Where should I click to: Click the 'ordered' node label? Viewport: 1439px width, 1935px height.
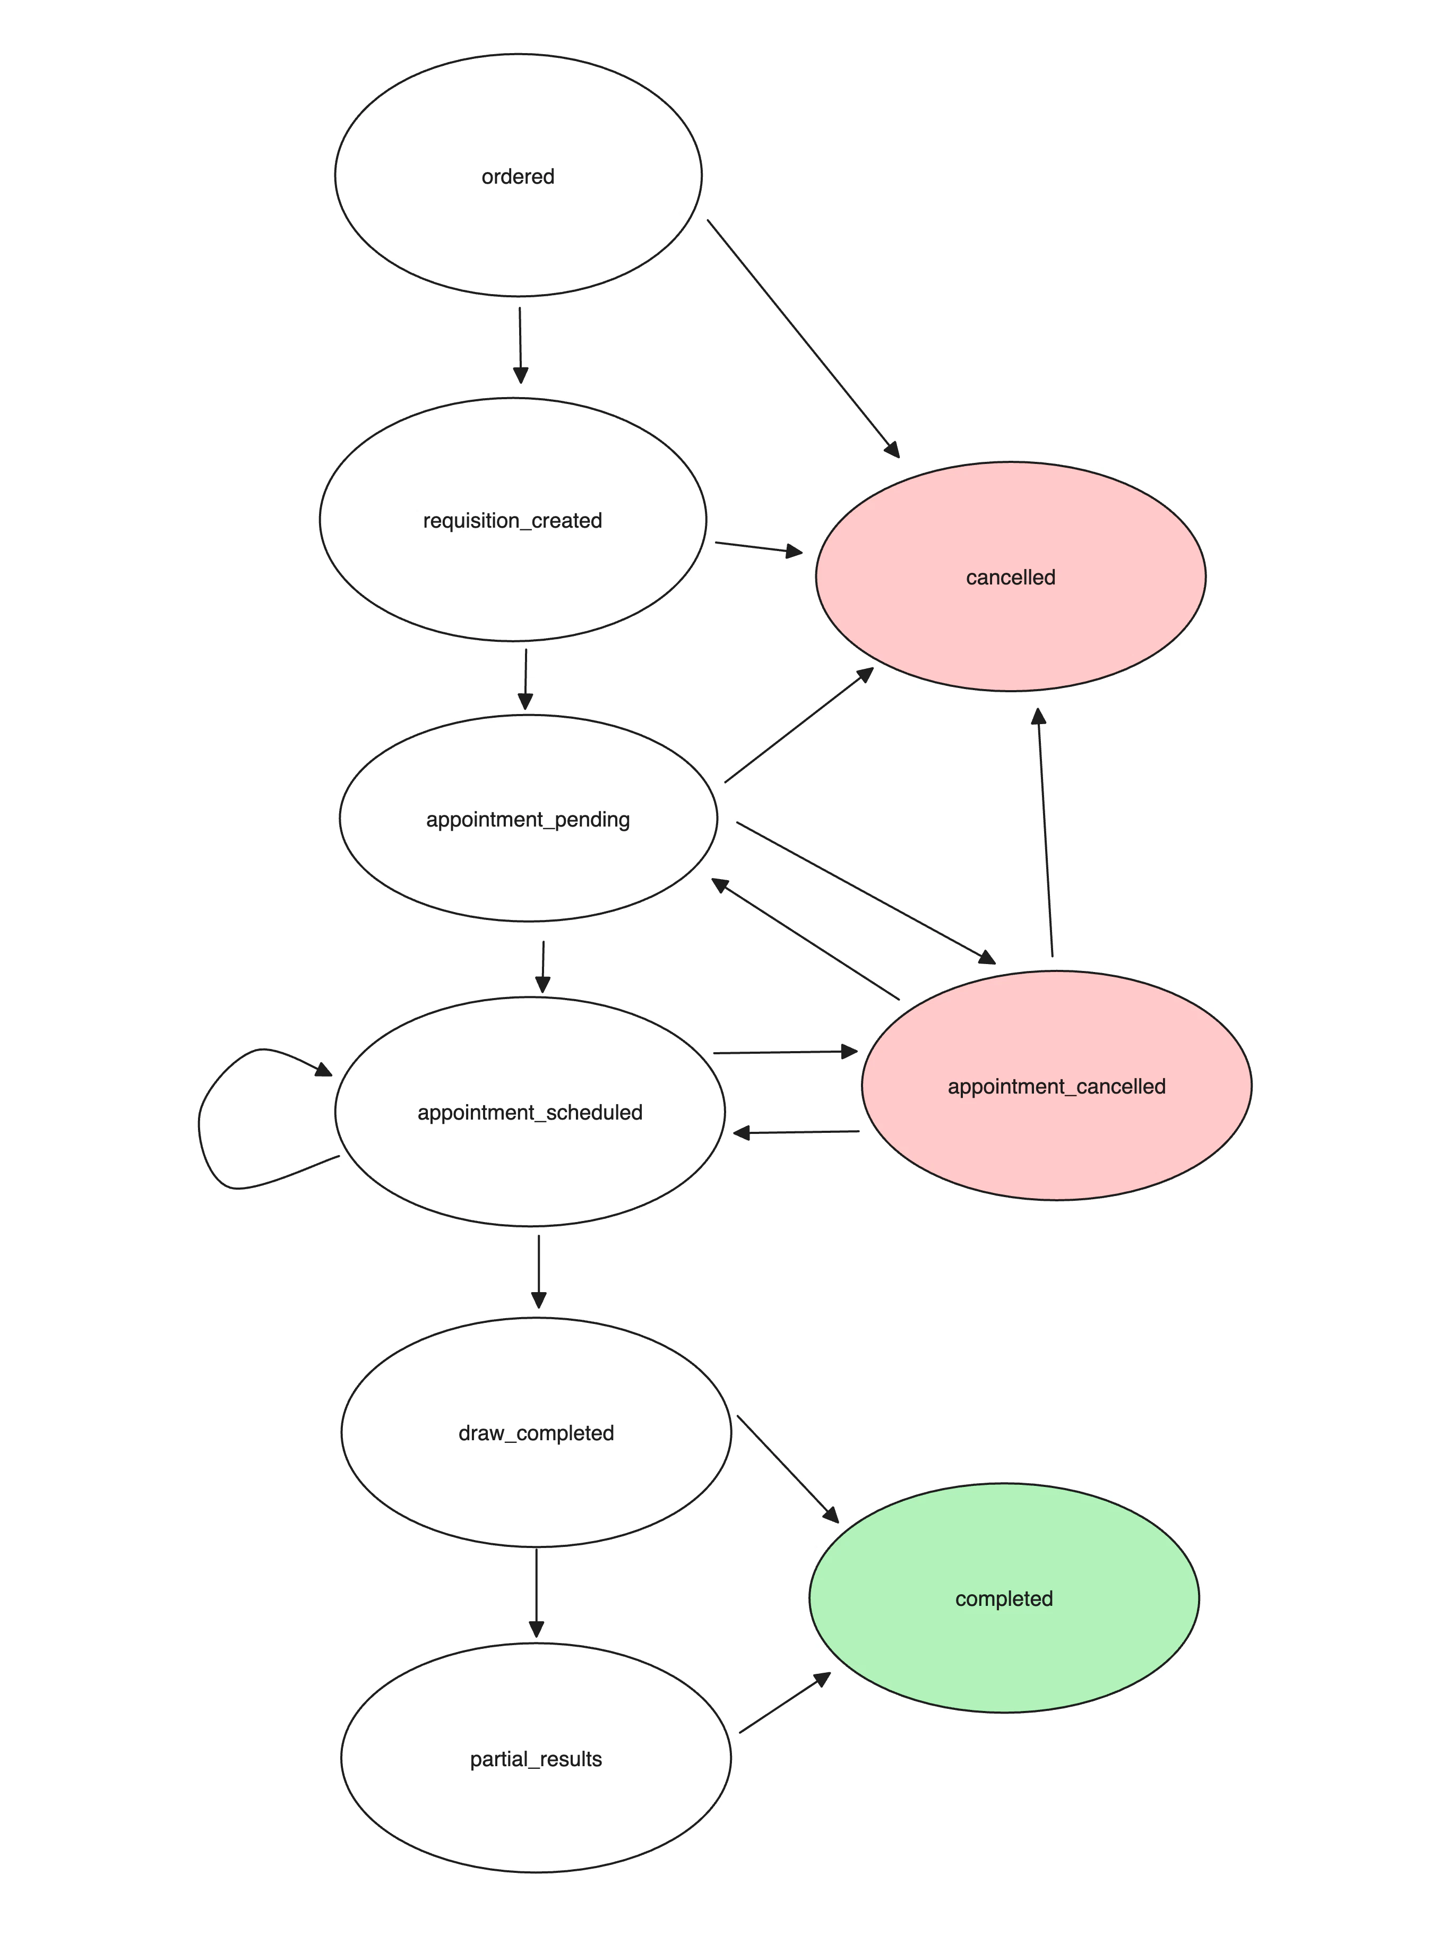pos(518,177)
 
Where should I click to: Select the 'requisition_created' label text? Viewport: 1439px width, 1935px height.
pos(512,521)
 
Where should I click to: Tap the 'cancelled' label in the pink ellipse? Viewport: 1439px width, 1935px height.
pos(1011,578)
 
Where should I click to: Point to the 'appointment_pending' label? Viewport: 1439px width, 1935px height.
pos(528,820)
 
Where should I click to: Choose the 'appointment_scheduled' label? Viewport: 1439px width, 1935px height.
pos(530,1113)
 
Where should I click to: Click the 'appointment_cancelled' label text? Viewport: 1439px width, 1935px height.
pos(1057,1087)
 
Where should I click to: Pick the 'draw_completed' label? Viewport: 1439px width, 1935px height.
pos(536,1433)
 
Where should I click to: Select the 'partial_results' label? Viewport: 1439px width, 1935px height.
pos(536,1759)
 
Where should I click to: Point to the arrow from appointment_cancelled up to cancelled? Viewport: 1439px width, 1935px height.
pos(1045,832)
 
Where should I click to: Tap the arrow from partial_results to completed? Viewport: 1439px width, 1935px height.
pos(784,1703)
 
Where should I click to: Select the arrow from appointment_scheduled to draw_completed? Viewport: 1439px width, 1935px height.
pos(538,1271)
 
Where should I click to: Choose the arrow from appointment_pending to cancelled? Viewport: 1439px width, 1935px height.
pos(798,726)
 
